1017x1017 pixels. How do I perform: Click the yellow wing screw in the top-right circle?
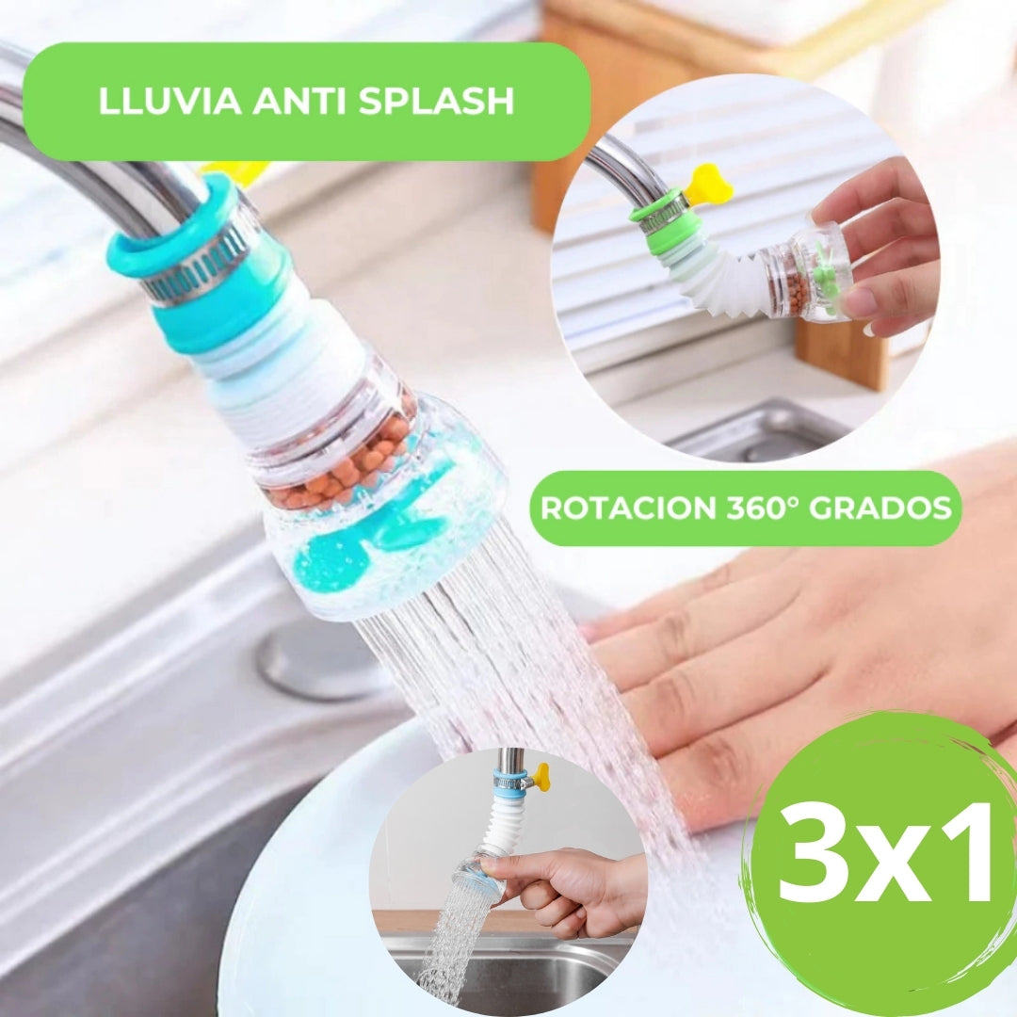(x=707, y=186)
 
